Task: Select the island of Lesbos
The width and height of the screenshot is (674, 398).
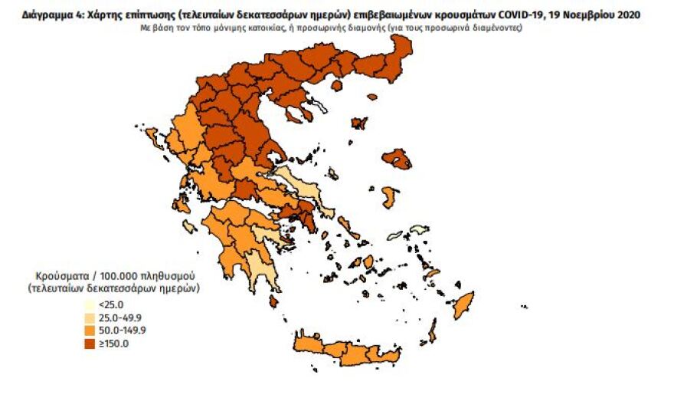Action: [x=397, y=159]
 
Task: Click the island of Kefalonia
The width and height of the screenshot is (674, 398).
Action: [x=181, y=204]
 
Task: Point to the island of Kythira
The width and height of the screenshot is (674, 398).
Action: [x=273, y=302]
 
